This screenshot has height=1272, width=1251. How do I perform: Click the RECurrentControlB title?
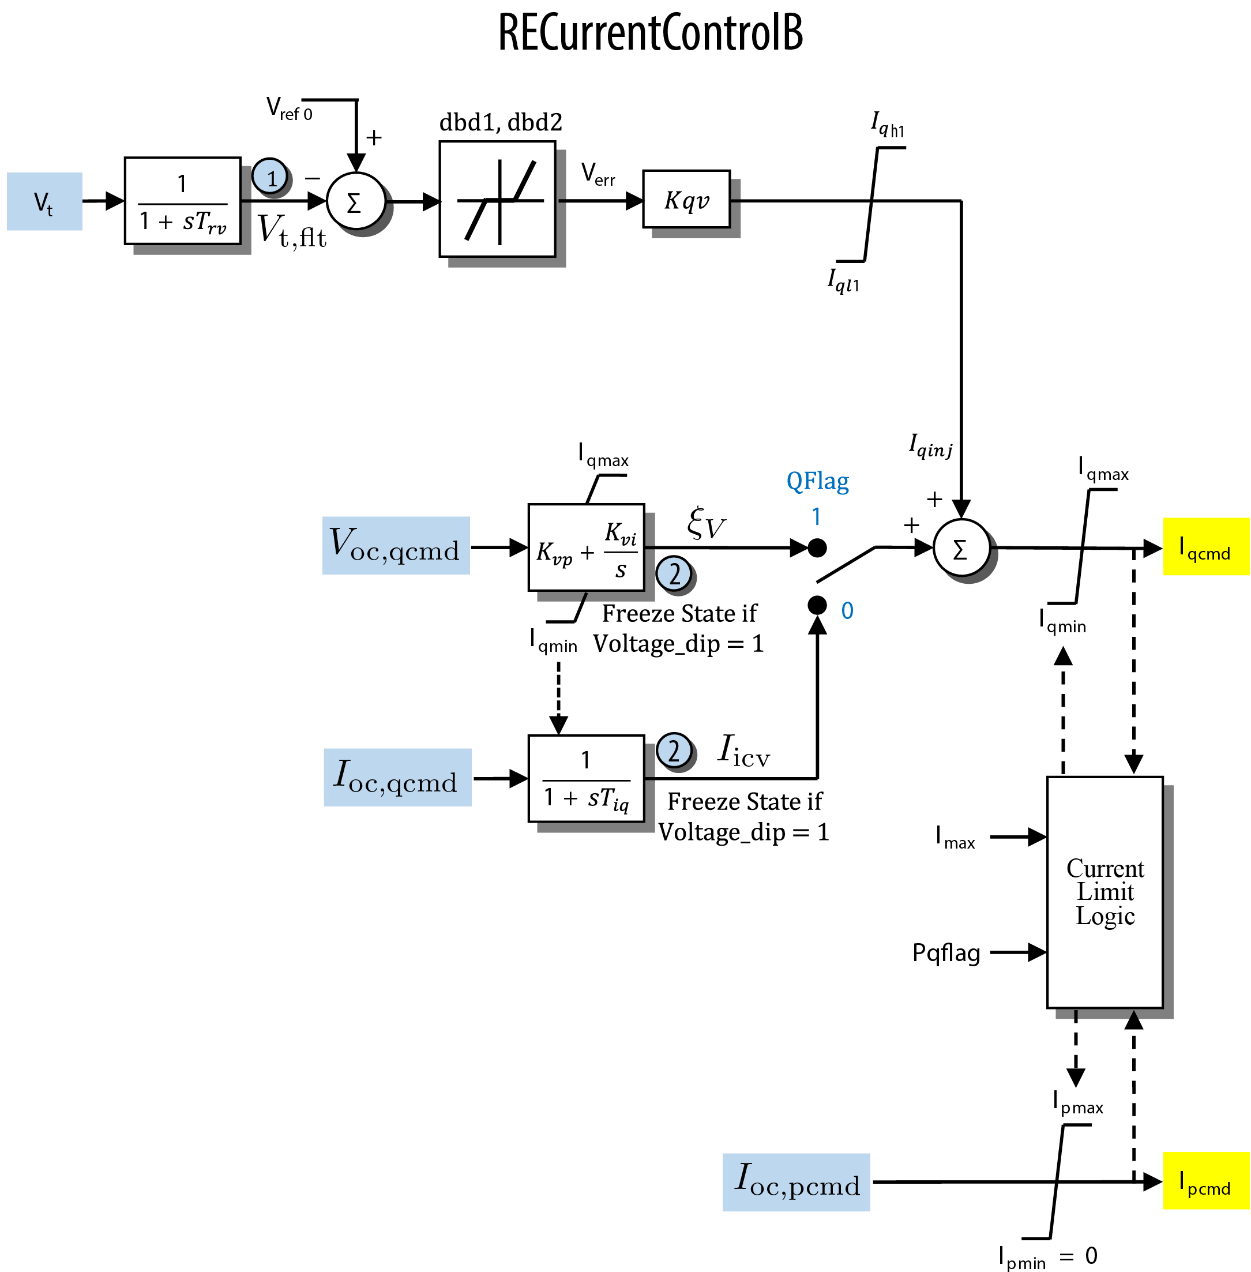point(651,32)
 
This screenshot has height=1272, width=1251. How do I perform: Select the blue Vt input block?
point(44,202)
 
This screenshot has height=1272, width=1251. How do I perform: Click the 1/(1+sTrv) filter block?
point(183,201)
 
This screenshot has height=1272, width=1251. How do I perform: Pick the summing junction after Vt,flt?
point(355,202)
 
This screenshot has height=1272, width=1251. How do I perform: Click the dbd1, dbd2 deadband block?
point(497,199)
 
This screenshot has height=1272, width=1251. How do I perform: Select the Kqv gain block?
point(686,200)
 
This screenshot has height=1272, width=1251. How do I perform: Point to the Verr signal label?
point(598,175)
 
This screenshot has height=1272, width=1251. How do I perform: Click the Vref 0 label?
point(289,109)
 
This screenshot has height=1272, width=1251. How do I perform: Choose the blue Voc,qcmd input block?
point(396,546)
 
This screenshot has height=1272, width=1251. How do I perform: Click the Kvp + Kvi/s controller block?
point(587,548)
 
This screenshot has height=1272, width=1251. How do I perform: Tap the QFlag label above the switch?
point(817,482)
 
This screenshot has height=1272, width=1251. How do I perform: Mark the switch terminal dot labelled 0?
point(817,605)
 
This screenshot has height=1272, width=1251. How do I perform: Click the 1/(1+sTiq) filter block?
point(587,779)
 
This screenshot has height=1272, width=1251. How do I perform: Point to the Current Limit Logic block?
point(1105,893)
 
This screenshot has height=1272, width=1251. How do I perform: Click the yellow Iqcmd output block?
point(1207,547)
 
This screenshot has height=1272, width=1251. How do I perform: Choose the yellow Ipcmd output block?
point(1207,1181)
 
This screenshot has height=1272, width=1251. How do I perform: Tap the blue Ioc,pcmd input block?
point(797,1183)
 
